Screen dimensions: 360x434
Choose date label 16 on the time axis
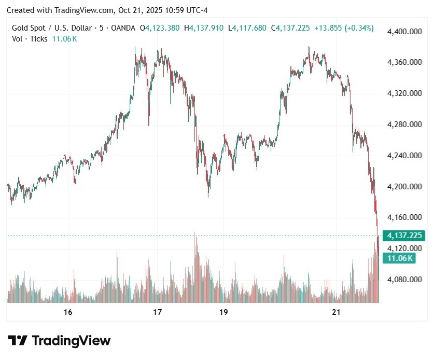pos(67,312)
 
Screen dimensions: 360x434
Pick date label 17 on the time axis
pos(158,312)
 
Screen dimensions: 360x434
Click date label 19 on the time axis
pos(223,312)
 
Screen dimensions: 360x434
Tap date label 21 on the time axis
pos(337,312)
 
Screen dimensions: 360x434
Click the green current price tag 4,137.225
pos(404,236)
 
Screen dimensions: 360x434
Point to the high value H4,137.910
pos(206,28)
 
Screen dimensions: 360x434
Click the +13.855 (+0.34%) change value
pos(344,28)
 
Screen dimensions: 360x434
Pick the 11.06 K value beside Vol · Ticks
pos(64,39)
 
